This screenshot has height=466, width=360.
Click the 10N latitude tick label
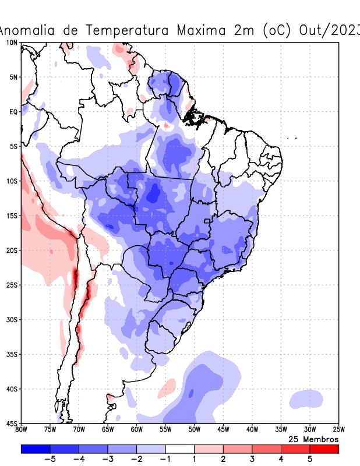click(11, 43)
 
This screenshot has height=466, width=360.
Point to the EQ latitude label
click(12, 111)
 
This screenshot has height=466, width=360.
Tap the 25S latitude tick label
click(11, 285)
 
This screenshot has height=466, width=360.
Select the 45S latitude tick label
click(11, 423)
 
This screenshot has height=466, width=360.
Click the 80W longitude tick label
click(22, 430)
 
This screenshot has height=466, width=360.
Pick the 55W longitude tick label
click(165, 430)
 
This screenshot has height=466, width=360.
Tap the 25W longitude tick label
click(338, 430)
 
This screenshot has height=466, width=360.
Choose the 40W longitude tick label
click(252, 430)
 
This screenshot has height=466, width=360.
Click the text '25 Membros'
click(314, 439)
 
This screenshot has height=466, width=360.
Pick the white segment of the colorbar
click(179, 449)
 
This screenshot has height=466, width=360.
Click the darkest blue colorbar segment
click(35, 449)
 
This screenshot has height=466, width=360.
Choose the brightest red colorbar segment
click(324, 449)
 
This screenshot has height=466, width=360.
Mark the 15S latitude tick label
click(11, 216)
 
